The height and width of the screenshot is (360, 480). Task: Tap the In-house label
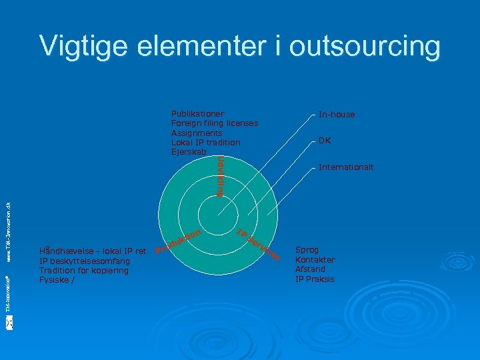(x=337, y=115)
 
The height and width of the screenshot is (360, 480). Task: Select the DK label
(x=325, y=141)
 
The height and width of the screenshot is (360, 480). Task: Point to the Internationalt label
(x=346, y=167)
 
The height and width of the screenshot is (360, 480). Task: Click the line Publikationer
(x=197, y=114)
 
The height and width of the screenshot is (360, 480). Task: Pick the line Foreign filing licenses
(x=215, y=123)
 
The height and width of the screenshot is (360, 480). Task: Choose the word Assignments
(x=197, y=133)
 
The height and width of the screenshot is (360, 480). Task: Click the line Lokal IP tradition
(x=205, y=143)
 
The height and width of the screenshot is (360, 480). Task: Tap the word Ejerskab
(x=188, y=152)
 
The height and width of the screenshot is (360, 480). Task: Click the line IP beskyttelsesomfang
(x=83, y=261)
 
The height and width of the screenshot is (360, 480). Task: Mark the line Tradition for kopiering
(x=83, y=271)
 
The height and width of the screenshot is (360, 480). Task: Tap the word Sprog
(x=308, y=251)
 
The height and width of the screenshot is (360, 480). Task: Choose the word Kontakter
(x=315, y=260)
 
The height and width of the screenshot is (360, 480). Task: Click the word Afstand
(x=310, y=269)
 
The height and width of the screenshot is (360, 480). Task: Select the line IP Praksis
(x=315, y=279)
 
